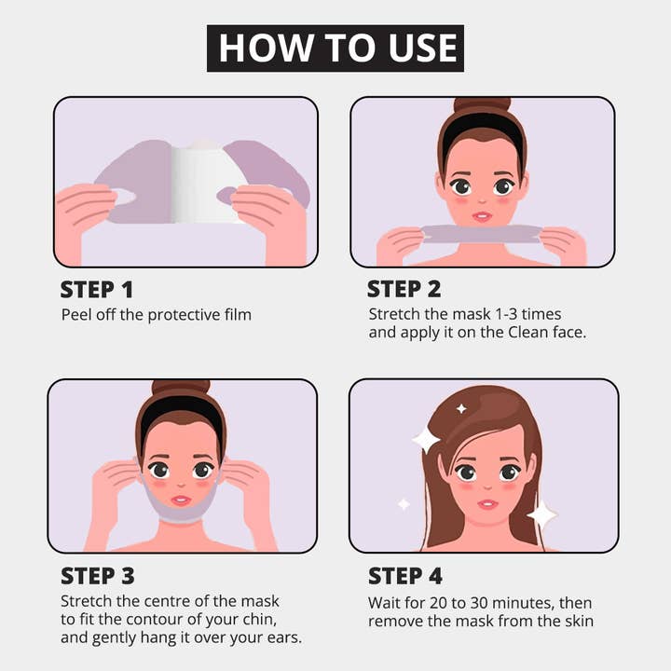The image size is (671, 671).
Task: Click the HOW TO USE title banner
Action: click(x=335, y=48)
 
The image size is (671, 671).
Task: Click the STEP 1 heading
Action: click(x=97, y=290)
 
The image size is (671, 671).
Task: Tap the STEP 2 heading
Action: click(x=404, y=289)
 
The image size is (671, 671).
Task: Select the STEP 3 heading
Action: click(x=98, y=576)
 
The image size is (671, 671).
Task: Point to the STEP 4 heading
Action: click(x=404, y=576)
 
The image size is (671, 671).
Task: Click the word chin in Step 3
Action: click(x=258, y=619)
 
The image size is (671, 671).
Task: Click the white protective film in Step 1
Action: click(x=201, y=183)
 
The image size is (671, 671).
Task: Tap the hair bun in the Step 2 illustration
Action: click(x=483, y=105)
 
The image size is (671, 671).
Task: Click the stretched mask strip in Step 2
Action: click(x=483, y=234)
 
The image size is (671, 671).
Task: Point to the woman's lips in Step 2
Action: click(x=482, y=216)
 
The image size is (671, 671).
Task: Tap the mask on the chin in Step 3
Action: click(x=182, y=509)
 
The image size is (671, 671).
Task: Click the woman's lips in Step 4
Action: click(x=487, y=503)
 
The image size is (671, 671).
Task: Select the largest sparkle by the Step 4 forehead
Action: click(x=426, y=440)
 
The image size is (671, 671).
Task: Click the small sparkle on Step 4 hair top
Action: click(x=461, y=409)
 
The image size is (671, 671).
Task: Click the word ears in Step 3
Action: click(x=284, y=637)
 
